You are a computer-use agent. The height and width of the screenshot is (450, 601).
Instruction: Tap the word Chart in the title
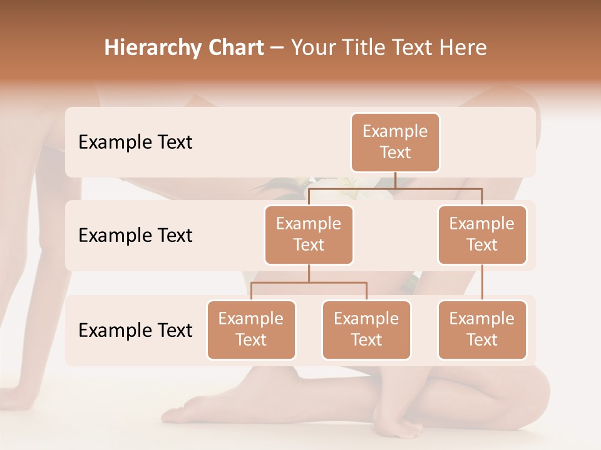click(x=235, y=48)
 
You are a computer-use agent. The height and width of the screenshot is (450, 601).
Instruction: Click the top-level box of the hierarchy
click(x=395, y=142)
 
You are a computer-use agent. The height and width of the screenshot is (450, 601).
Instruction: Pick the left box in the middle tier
click(x=309, y=234)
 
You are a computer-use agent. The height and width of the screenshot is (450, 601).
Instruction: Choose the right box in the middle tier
click(x=482, y=234)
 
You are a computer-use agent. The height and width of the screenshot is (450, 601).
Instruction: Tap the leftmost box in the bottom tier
click(x=251, y=329)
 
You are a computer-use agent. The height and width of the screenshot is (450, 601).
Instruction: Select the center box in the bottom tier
click(x=366, y=329)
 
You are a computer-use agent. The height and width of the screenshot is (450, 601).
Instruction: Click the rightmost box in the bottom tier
click(x=482, y=329)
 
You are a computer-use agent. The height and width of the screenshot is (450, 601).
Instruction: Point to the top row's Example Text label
click(x=135, y=142)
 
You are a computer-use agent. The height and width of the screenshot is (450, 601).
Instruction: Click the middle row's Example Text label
click(x=135, y=236)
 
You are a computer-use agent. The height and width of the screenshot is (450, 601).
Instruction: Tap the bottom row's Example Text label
click(x=135, y=330)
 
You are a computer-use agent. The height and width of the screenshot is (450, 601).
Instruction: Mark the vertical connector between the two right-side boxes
click(x=482, y=282)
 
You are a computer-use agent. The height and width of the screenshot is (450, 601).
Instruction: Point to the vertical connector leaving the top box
click(x=395, y=180)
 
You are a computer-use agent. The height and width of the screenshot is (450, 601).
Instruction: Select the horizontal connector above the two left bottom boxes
click(x=309, y=282)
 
